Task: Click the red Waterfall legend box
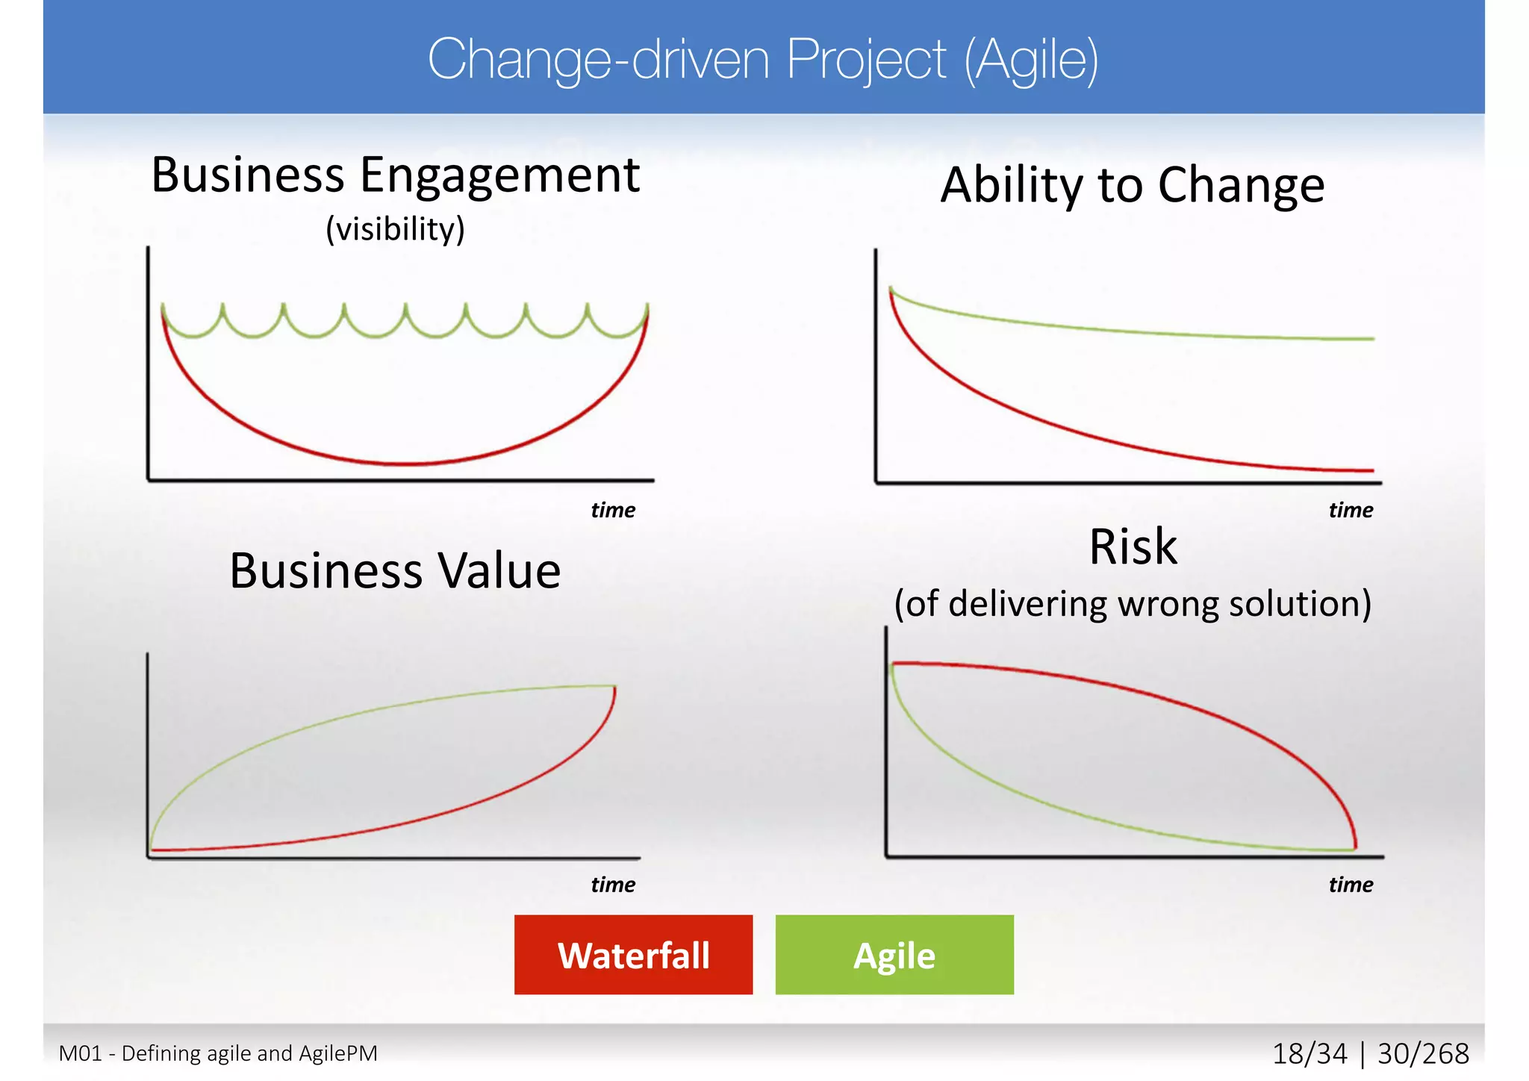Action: click(x=633, y=954)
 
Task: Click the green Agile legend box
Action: click(x=894, y=954)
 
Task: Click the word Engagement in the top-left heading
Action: click(x=499, y=176)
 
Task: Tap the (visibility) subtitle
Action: click(x=395, y=228)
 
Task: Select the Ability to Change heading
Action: click(x=1132, y=185)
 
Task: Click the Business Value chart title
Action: click(x=394, y=571)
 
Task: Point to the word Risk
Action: click(x=1133, y=546)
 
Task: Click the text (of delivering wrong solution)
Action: click(x=1133, y=603)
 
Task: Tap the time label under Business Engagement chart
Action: click(x=612, y=510)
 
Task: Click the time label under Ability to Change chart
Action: click(x=1350, y=510)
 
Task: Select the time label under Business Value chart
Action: click(x=612, y=885)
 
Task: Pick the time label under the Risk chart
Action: click(x=1350, y=885)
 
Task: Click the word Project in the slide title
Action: click(x=866, y=60)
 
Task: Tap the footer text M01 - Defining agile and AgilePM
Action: click(x=218, y=1053)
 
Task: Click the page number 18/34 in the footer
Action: click(x=1310, y=1054)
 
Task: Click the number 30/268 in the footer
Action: click(x=1423, y=1054)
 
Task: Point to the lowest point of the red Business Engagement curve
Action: click(x=407, y=464)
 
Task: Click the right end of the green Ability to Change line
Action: click(x=1372, y=339)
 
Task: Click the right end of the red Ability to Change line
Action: click(x=1372, y=470)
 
